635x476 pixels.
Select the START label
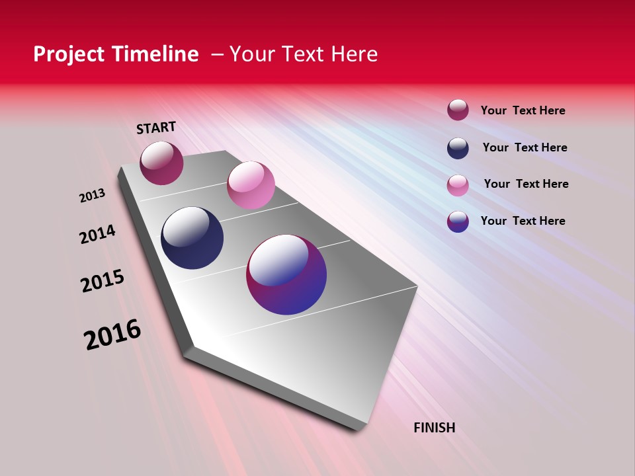(x=156, y=128)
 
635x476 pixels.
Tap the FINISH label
(x=434, y=428)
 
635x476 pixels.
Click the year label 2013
(x=92, y=196)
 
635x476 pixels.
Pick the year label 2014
(x=98, y=235)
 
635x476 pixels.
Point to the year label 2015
(x=103, y=281)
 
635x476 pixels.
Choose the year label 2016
(x=112, y=335)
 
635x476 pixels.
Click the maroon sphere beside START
(x=161, y=163)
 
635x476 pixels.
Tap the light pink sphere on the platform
(x=251, y=185)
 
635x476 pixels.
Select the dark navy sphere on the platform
(x=192, y=238)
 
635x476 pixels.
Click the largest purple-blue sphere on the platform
(x=286, y=274)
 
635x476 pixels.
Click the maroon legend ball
(x=458, y=110)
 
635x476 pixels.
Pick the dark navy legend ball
(x=458, y=148)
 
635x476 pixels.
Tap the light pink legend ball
(x=458, y=185)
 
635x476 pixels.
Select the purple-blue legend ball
(x=458, y=221)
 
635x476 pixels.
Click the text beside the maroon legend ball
(x=523, y=110)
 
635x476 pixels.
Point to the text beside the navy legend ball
(x=525, y=147)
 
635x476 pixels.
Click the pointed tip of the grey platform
(x=358, y=428)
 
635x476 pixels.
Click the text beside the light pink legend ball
(x=526, y=184)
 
